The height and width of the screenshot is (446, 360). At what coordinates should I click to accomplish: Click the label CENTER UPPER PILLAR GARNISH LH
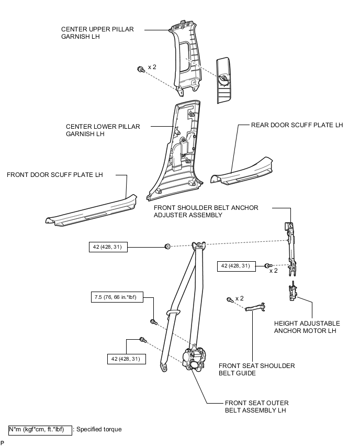(x=97, y=34)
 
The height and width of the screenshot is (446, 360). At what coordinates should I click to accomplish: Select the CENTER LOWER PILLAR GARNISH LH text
(x=103, y=130)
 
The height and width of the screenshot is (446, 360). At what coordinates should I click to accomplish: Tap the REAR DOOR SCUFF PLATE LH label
(x=297, y=125)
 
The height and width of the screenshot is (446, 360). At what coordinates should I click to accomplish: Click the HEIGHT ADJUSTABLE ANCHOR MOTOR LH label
(x=307, y=327)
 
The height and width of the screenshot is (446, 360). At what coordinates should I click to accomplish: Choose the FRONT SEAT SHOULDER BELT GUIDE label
(x=256, y=369)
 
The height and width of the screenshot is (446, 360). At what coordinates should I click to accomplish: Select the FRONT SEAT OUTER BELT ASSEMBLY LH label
(x=256, y=407)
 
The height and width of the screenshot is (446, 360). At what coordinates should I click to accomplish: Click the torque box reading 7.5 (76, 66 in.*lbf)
(x=121, y=298)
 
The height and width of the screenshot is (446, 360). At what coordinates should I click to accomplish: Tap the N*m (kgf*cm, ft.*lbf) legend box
(x=40, y=429)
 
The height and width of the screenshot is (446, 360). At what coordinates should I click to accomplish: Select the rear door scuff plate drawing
(x=242, y=173)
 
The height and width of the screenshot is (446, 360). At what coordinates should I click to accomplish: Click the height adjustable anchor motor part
(x=291, y=292)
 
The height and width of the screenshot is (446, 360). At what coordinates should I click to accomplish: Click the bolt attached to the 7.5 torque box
(x=153, y=321)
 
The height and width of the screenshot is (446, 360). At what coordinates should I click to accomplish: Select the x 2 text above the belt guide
(x=240, y=298)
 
